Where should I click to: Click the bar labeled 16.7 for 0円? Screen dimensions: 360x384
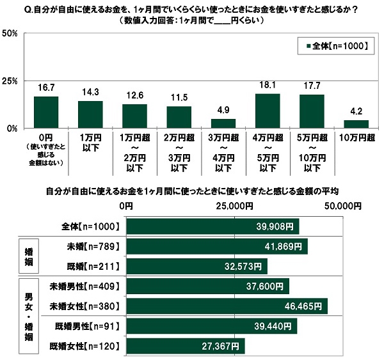point(46,113)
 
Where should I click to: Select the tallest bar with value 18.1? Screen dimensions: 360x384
point(268,111)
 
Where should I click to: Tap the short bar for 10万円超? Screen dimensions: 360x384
point(356,124)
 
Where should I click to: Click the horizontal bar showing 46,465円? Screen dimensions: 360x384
point(227,306)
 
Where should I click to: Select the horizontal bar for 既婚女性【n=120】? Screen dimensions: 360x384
point(186,346)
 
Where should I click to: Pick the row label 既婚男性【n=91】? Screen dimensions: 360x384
point(85,326)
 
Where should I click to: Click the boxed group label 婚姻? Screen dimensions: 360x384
point(28,256)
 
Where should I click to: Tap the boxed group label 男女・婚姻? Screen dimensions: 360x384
point(28,315)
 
